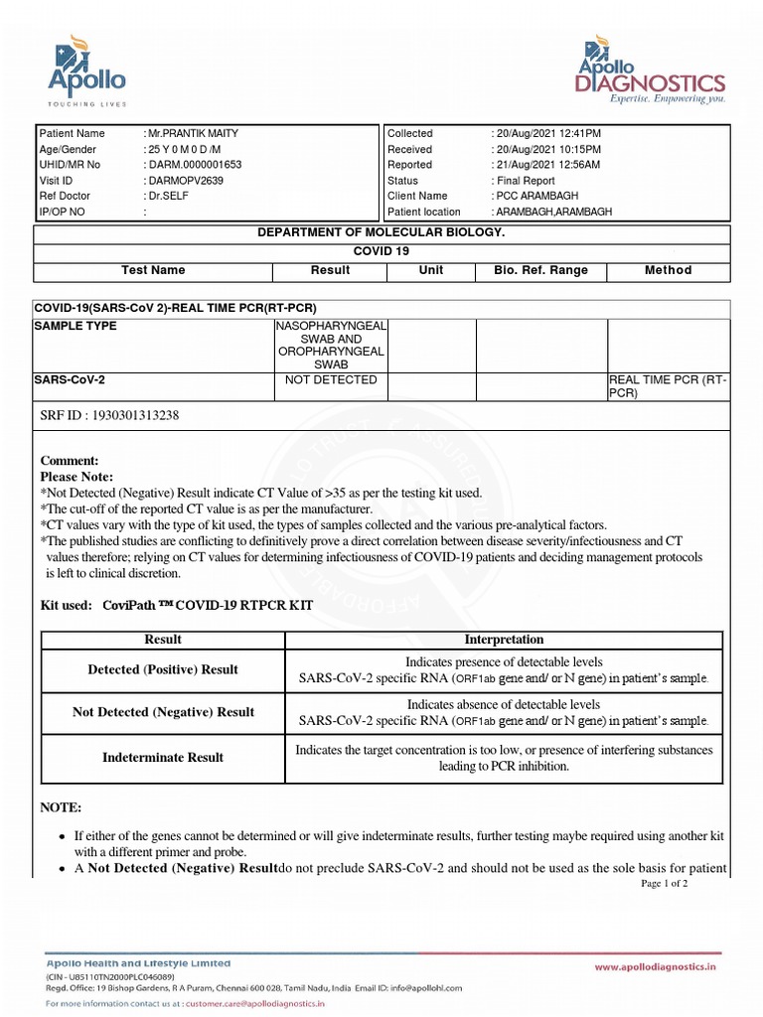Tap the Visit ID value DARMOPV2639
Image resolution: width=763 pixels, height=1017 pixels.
(185, 181)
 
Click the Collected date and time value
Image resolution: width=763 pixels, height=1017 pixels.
(547, 133)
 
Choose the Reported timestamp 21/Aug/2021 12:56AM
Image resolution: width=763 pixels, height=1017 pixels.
(547, 165)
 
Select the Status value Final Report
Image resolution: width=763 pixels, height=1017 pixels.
(526, 181)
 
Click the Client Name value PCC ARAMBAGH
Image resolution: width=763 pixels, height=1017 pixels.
(536, 197)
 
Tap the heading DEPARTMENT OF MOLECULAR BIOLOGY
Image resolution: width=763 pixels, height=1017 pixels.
(381, 232)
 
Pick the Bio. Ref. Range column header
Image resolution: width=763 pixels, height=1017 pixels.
(540, 270)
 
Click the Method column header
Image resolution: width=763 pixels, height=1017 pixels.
(668, 270)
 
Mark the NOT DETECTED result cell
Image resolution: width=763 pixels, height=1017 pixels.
(331, 380)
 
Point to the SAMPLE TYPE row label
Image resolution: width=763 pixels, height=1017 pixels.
(76, 326)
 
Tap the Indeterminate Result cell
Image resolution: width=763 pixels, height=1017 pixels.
(163, 758)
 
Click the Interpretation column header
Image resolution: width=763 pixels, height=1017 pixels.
(504, 640)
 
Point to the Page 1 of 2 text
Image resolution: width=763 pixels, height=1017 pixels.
(665, 883)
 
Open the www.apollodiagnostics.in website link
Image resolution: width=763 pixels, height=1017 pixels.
(656, 965)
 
